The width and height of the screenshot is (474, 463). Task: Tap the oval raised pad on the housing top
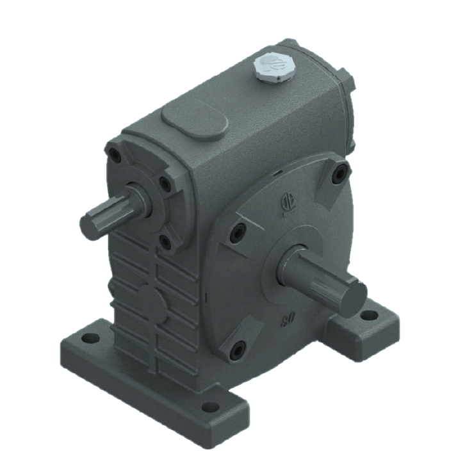pyautogui.click(x=194, y=119)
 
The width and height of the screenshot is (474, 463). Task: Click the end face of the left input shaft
pyautogui.click(x=90, y=226)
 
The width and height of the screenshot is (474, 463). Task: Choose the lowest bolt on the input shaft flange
pyautogui.click(x=164, y=241)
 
